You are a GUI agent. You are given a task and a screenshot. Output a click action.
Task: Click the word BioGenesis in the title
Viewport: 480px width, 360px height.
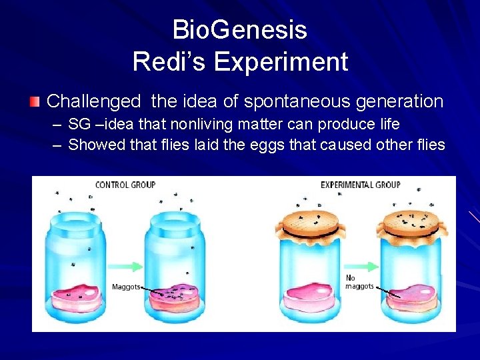click(240, 30)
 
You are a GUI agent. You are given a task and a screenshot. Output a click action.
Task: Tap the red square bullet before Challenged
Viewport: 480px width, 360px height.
click(35, 102)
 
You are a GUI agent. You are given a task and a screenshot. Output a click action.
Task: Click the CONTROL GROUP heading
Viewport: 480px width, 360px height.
click(125, 185)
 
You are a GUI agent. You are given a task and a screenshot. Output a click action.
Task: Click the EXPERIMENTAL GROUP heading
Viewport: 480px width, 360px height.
click(360, 185)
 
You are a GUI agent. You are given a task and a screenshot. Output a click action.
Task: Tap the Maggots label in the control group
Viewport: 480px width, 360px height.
click(125, 287)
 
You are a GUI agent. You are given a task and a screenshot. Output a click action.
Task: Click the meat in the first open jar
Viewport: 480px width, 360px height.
click(77, 295)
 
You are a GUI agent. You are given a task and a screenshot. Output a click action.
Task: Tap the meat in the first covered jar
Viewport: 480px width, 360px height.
click(311, 295)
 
